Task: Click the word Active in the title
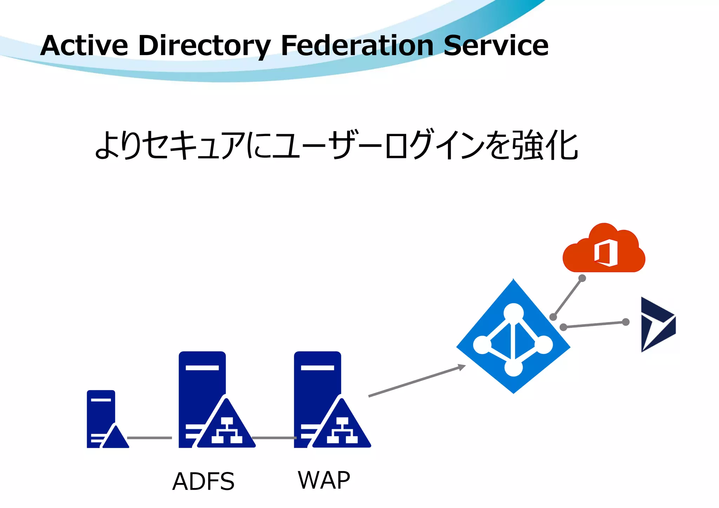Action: tap(84, 46)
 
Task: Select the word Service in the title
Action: tap(496, 46)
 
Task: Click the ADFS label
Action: tap(203, 481)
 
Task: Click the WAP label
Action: tap(324, 480)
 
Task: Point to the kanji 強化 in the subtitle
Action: tap(545, 145)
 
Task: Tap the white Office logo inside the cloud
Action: tap(606, 253)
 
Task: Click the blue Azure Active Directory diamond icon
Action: tap(513, 336)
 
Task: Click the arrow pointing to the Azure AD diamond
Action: tap(417, 381)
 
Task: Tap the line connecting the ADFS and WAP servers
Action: tap(274, 438)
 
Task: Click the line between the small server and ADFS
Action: tap(149, 438)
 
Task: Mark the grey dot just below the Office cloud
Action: tap(582, 278)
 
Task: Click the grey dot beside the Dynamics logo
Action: tap(626, 322)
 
